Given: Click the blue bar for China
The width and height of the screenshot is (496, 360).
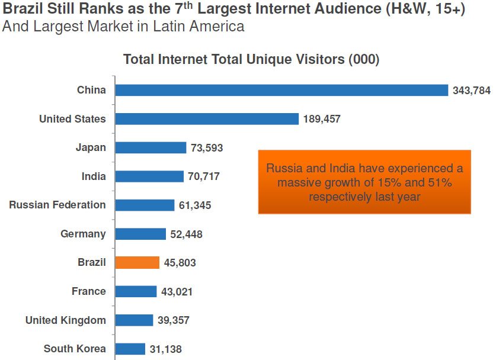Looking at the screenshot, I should pos(281,90).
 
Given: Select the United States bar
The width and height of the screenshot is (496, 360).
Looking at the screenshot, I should pos(207,119).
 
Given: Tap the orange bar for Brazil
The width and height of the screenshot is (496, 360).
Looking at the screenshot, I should pos(137,262).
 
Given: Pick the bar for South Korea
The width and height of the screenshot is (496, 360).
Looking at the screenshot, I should pos(130,349).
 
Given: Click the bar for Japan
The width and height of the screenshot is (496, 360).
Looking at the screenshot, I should pos(151,147).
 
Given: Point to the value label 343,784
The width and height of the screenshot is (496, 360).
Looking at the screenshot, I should pos(471,91).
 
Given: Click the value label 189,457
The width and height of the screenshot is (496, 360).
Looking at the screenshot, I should pos(322,119).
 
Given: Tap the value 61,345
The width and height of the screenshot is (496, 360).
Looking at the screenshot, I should pos(195,205).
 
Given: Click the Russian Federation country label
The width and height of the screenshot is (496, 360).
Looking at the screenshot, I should pos(57,205).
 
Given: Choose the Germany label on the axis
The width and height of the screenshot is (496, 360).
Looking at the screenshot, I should pos(83,234).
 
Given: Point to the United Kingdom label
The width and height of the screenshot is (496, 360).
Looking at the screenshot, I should pos(65,320).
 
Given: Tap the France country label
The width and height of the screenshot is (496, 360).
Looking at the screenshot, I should pos(89,291).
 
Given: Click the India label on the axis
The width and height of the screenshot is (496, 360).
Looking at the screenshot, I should pos(94,176).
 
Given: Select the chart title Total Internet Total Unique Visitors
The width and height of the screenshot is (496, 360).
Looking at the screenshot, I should pos(251,60).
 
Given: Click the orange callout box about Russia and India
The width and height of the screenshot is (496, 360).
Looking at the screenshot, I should pos(364,182).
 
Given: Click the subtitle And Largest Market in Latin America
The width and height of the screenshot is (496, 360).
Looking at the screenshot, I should pos(123,27).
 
